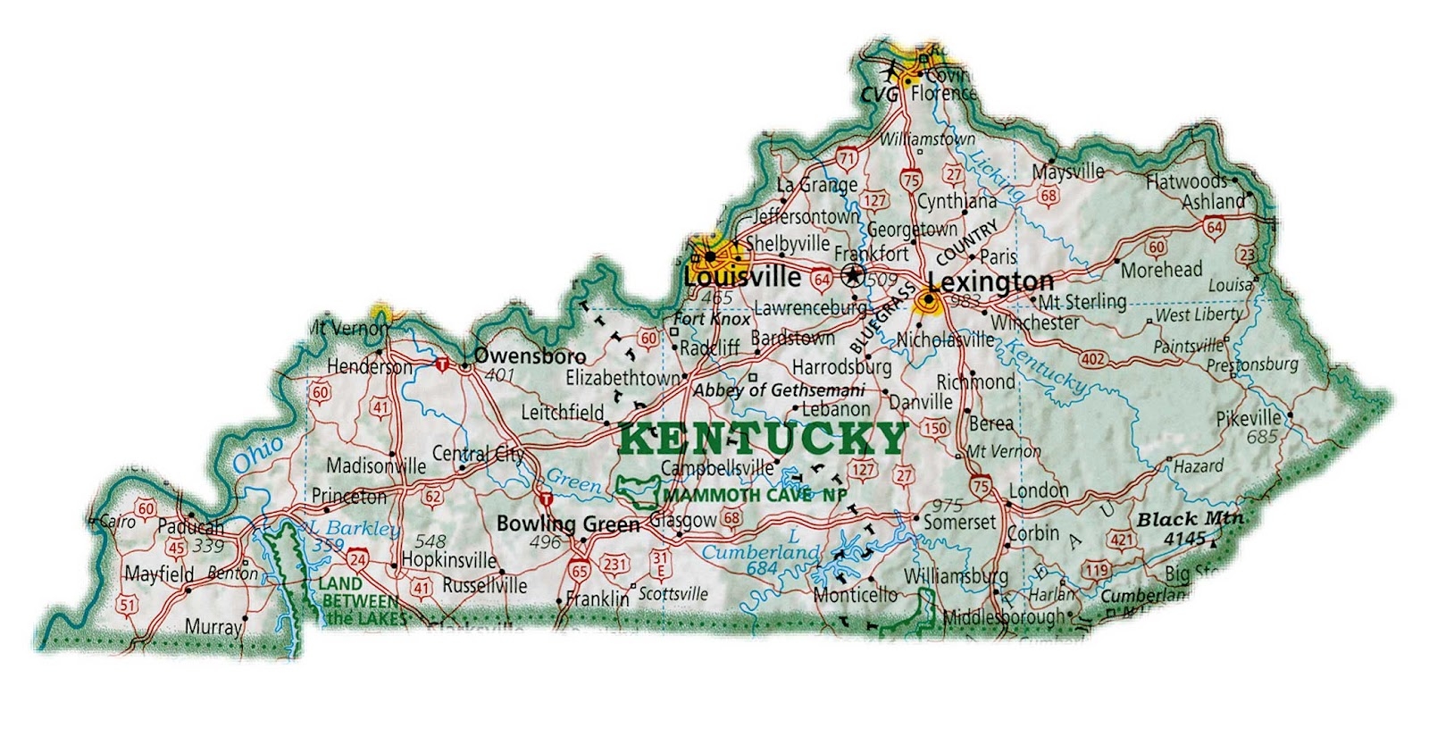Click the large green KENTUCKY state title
tap(762, 439)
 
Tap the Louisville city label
tap(741, 277)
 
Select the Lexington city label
tap(990, 282)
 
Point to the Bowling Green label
tap(568, 523)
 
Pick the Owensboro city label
tap(530, 356)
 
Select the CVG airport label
tap(880, 93)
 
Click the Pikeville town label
tap(1249, 418)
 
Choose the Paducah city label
tap(190, 527)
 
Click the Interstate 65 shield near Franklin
tap(580, 570)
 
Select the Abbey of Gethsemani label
tap(779, 390)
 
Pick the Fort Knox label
tap(712, 319)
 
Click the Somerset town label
tap(959, 522)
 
